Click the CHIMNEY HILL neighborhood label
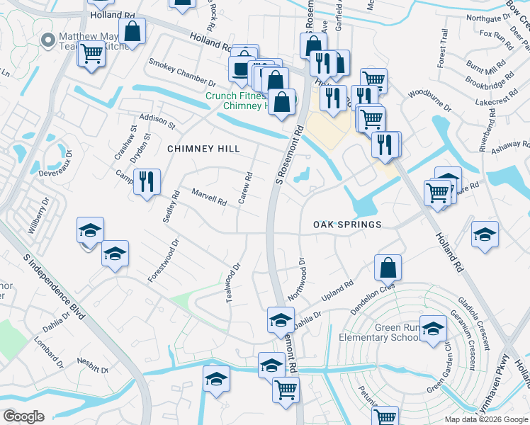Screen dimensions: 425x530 coord(203,149)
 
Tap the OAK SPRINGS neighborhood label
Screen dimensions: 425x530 coord(348,225)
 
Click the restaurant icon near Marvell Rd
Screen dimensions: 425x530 coord(147,182)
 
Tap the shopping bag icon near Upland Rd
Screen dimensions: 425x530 coord(388,268)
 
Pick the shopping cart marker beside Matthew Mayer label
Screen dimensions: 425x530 coord(91,53)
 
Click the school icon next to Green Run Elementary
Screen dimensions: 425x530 coord(433,329)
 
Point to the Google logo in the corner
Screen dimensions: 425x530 coord(23,416)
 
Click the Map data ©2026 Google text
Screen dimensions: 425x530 coord(487,419)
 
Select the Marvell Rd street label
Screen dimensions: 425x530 coord(209,196)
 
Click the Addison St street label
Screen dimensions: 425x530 coord(157,120)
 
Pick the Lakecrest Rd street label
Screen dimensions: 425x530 coord(493,101)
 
